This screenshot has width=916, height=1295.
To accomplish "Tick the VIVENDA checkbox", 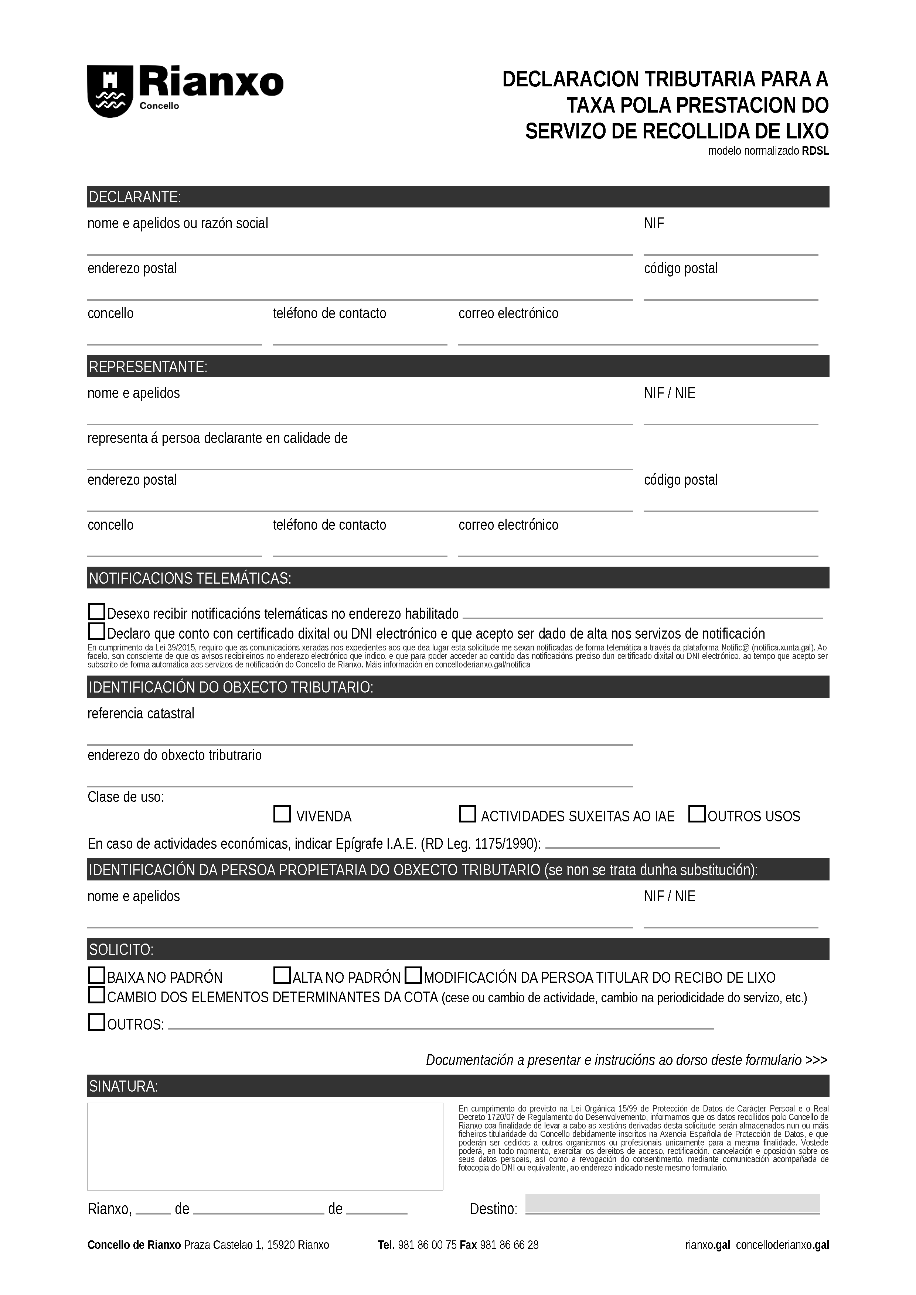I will (282, 814).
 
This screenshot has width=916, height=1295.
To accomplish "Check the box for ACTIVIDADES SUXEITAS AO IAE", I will (467, 814).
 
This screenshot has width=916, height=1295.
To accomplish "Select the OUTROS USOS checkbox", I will (697, 814).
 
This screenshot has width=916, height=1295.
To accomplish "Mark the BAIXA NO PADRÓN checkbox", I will (96, 975).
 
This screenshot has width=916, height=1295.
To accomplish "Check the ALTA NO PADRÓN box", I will (282, 975).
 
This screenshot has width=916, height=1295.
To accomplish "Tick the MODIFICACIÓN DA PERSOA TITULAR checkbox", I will (414, 975).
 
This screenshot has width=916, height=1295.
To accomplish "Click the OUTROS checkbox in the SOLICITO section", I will (96, 1022).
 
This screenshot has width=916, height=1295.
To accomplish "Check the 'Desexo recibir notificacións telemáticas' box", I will (96, 611).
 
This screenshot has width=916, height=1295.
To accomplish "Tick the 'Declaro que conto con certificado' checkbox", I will (96, 631).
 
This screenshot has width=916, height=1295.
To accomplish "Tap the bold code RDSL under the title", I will (815, 151).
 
